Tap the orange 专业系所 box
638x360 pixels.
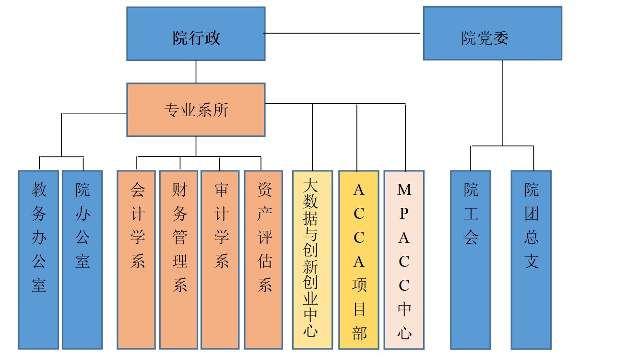[196, 110]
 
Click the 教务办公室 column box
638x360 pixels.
[38, 260]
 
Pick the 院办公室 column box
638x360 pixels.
[82, 260]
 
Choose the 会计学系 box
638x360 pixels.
[136, 260]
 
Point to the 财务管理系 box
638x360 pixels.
[178, 260]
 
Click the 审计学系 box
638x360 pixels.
[220, 260]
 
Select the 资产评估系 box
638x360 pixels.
[263, 260]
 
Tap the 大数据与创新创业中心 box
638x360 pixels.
[312, 260]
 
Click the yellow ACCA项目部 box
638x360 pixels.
[358, 260]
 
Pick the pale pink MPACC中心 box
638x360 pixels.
[404, 260]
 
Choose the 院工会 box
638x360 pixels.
[470, 260]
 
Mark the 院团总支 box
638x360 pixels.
[531, 260]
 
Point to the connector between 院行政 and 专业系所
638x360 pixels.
[196, 72]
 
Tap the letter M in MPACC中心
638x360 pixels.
[404, 190]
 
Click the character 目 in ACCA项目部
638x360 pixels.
[358, 310]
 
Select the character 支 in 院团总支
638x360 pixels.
[531, 262]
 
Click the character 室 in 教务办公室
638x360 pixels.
[38, 286]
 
